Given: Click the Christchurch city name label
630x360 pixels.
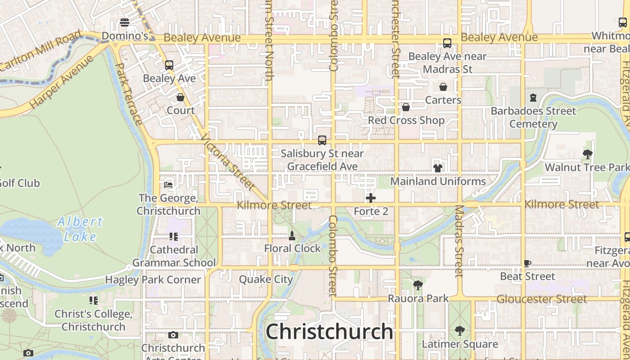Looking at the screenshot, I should (329, 332).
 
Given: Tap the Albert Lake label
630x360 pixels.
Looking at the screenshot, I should (80, 229).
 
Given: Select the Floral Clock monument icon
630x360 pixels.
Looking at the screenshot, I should (292, 235).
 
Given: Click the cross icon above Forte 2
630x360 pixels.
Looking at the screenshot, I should (371, 198).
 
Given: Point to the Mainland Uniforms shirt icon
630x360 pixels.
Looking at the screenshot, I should (437, 168).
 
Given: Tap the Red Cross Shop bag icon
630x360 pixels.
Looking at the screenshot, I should (406, 107).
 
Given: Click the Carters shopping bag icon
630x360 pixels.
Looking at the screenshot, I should (443, 87).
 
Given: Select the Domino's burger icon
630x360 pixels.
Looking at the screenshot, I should (125, 22).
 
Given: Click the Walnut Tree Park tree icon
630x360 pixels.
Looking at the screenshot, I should (587, 154).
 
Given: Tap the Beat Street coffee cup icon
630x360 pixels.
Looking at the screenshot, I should (527, 263).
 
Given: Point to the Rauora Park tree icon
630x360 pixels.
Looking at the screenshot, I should (418, 285).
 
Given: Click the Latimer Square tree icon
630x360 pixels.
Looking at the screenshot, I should (459, 331).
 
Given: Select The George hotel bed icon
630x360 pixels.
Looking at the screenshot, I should (168, 184).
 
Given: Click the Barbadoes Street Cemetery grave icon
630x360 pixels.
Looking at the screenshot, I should (533, 98).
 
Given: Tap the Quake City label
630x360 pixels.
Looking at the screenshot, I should (266, 279).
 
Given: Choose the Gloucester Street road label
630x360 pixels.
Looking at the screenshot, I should (542, 299).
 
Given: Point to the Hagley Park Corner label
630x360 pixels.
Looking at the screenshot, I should (153, 280).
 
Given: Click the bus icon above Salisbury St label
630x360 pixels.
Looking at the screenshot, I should (322, 140).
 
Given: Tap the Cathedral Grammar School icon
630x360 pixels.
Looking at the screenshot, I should (174, 236).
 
